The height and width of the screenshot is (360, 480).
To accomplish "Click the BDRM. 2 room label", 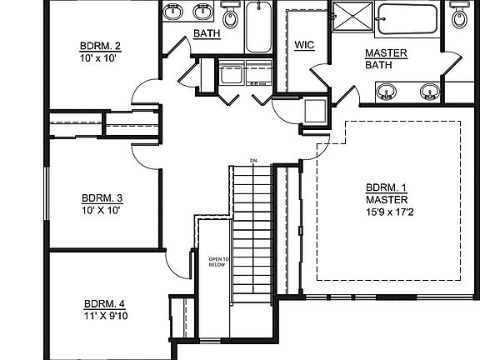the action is [x=100, y=46].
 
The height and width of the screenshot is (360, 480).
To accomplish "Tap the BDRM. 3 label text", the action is [x=102, y=198].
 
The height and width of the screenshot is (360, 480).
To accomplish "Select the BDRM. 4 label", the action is [x=104, y=304].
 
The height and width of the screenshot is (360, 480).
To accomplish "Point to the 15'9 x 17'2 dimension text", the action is [x=390, y=212].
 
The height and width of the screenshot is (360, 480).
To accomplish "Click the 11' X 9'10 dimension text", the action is [x=106, y=316].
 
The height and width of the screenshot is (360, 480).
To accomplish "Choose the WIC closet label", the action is [x=304, y=45].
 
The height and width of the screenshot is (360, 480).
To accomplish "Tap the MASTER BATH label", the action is [x=386, y=59].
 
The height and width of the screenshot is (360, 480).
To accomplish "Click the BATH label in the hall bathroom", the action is [x=207, y=33].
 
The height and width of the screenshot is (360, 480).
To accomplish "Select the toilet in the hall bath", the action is [x=231, y=15].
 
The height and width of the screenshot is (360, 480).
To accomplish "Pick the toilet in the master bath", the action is [x=459, y=15].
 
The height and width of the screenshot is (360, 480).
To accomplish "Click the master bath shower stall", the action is [x=353, y=16].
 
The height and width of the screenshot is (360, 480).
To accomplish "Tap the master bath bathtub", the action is [x=407, y=19].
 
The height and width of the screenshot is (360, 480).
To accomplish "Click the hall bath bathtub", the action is [x=258, y=27].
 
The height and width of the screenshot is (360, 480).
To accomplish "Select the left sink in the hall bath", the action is [x=173, y=12].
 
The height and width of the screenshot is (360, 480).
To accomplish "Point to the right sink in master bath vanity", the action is [x=430, y=91].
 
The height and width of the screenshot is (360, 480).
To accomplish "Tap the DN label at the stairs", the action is [x=253, y=161].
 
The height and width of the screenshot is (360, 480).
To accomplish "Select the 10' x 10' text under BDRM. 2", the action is [x=98, y=58].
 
